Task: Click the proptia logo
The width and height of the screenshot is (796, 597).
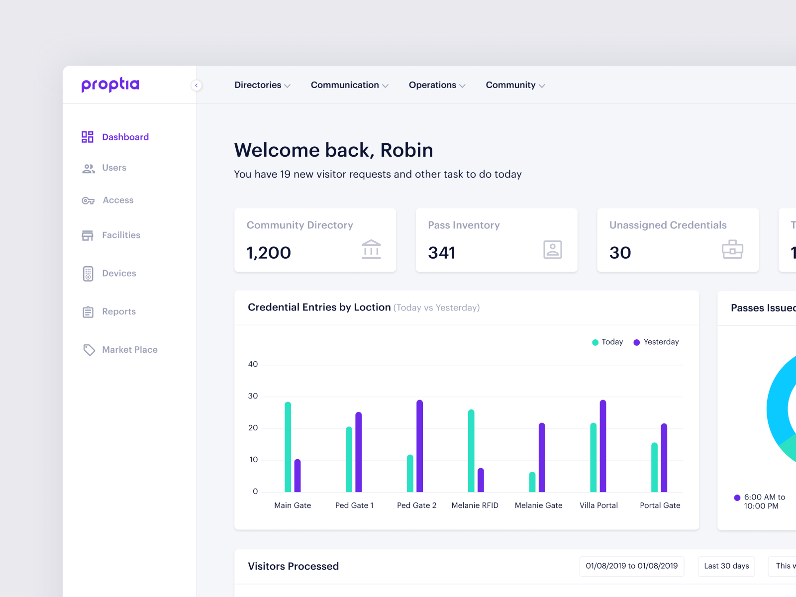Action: tap(110, 85)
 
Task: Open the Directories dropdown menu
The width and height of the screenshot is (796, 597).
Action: tap(262, 85)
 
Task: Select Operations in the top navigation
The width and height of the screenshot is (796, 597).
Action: tap(437, 85)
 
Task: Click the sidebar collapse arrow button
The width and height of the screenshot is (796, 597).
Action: tap(197, 86)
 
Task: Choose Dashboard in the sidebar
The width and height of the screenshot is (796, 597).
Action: tap(125, 137)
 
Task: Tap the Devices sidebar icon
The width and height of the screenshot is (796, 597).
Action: tap(88, 274)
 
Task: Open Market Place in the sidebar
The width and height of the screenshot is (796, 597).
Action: tap(129, 350)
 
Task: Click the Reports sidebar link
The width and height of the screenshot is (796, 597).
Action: tap(118, 311)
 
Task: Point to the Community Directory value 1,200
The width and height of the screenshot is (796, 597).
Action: tap(269, 253)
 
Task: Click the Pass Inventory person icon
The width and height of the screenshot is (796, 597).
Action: tap(552, 250)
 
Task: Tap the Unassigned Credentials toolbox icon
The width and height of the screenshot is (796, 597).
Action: tap(732, 250)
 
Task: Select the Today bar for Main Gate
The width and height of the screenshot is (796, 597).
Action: tap(288, 447)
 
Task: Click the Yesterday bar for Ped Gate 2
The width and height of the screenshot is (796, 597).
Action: tap(420, 446)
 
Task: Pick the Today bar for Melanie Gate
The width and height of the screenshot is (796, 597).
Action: tap(532, 482)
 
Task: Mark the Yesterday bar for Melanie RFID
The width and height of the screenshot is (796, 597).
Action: tap(481, 480)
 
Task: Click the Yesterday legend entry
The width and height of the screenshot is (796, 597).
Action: tap(656, 342)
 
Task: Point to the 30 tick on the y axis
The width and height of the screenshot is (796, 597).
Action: tap(253, 396)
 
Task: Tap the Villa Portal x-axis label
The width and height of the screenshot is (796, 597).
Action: tap(598, 505)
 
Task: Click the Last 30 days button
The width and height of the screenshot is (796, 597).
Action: tap(726, 566)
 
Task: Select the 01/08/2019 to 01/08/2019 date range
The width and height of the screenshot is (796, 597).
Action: tap(631, 566)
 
